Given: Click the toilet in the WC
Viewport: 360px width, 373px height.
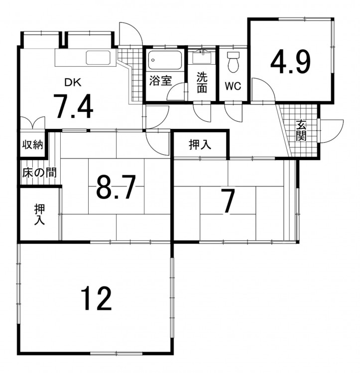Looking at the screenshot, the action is tap(233, 62).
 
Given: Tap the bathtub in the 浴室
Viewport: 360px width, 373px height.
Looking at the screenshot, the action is tap(165, 60).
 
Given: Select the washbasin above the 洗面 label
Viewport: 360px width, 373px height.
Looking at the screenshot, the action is tap(202, 57).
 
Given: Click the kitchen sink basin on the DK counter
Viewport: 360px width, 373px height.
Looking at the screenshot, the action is tap(99, 58).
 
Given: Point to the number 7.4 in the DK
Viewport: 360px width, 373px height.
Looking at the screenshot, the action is tap(74, 106).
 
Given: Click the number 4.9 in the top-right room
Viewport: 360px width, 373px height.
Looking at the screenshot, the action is tap(290, 62).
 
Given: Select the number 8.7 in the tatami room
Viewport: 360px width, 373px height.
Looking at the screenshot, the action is tap(116, 186).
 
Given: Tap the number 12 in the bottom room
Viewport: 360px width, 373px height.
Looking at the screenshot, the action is tap(96, 298).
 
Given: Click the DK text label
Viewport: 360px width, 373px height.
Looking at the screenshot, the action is tap(73, 83).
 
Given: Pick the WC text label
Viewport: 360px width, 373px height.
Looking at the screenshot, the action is tap(233, 86).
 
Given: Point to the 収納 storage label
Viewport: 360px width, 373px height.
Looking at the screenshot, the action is tap(32, 144).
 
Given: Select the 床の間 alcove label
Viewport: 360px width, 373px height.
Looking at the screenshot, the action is tap(39, 173).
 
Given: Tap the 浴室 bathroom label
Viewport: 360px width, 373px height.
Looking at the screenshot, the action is tap(160, 81).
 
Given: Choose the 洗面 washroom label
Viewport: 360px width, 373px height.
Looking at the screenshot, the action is tap(202, 82).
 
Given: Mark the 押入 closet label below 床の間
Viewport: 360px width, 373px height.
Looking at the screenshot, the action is tap(39, 214).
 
